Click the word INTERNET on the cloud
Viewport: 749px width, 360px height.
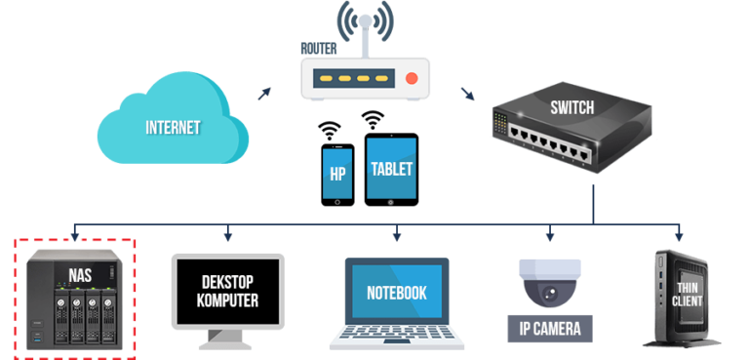click(x=173, y=128)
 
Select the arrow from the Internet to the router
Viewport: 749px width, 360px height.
click(x=264, y=92)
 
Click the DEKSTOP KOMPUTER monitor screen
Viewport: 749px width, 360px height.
click(x=228, y=291)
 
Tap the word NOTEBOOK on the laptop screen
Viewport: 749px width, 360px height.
click(x=397, y=293)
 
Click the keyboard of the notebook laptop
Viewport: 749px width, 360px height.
click(x=396, y=338)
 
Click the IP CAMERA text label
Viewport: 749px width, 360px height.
click(x=550, y=329)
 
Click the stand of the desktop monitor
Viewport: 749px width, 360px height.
click(x=228, y=340)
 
